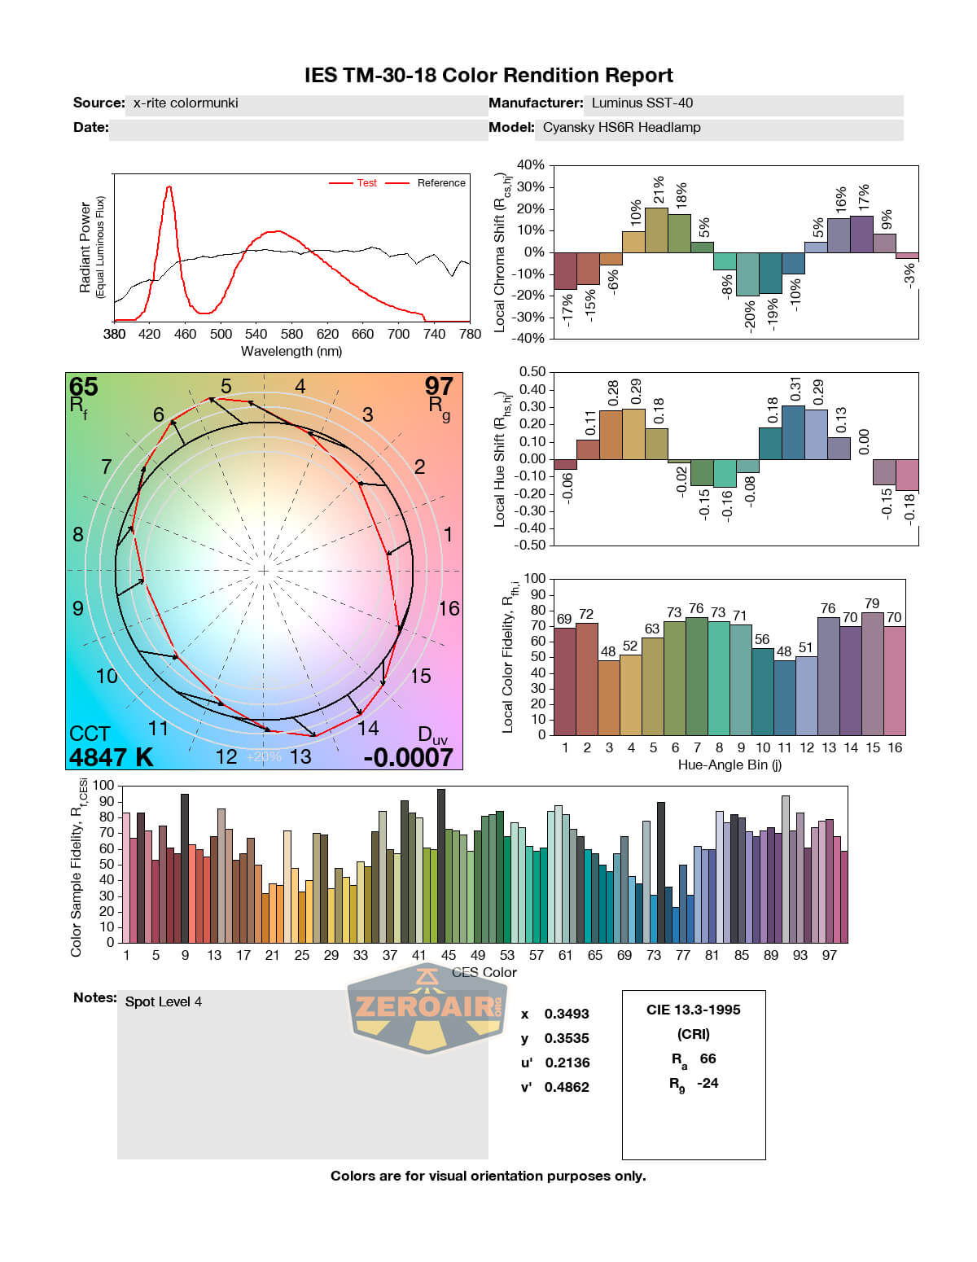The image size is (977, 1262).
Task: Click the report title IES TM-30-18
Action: tap(488, 76)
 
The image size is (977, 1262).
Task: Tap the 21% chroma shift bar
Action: tap(656, 230)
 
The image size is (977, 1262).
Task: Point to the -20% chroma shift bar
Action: tap(747, 274)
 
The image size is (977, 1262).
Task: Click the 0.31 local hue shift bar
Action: tap(793, 432)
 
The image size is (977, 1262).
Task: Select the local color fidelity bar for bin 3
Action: tap(608, 697)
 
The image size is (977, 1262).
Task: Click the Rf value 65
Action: tap(83, 386)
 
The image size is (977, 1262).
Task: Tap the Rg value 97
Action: tap(439, 386)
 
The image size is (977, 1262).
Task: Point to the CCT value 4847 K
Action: tap(111, 757)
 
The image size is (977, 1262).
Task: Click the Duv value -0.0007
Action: tap(408, 757)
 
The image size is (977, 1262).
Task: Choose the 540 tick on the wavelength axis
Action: tap(256, 334)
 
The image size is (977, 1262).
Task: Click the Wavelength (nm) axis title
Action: tap(291, 352)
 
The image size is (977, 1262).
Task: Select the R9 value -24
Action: tap(708, 1083)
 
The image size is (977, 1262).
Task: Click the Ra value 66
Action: tap(708, 1058)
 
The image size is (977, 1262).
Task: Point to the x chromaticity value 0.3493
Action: tap(567, 1014)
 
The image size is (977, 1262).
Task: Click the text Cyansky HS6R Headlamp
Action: tap(621, 128)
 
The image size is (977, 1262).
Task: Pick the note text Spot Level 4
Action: tap(163, 1001)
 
